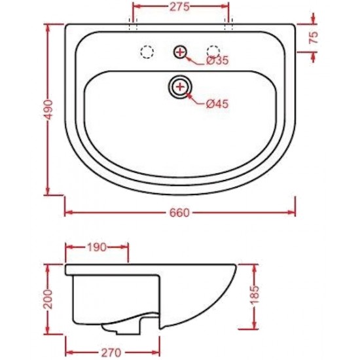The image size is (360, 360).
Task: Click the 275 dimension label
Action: click(180, 7)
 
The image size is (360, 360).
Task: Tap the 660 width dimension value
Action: click(180, 213)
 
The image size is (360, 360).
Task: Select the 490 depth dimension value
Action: click(49, 110)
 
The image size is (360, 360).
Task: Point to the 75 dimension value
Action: click(314, 37)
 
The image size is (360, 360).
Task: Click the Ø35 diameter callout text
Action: click(218, 60)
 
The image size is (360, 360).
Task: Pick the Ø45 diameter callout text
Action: click(217, 104)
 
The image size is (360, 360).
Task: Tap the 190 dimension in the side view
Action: click(97, 247)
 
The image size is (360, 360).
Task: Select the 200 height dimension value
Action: click(48, 299)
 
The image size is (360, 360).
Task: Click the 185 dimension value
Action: click(255, 295)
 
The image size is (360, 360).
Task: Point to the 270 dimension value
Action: click(111, 352)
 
